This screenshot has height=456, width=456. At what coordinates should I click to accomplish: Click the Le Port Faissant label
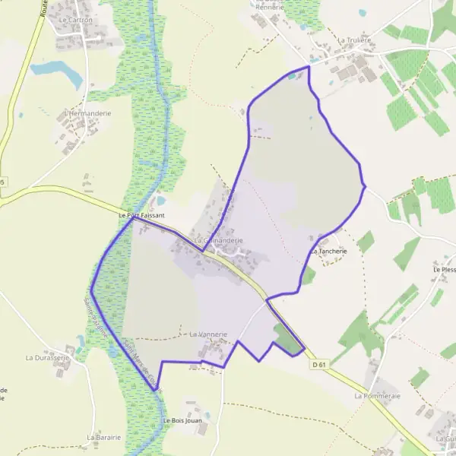(x=142, y=216)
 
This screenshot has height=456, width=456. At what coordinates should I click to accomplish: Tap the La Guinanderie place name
(x=219, y=240)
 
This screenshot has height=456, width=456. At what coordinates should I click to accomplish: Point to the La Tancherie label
(x=328, y=251)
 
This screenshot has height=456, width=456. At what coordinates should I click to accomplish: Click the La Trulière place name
(x=354, y=40)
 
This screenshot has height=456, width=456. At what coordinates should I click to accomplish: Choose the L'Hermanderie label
(x=87, y=113)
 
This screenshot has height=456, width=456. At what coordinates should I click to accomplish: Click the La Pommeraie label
(x=377, y=396)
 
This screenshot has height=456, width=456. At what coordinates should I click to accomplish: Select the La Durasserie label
(x=48, y=357)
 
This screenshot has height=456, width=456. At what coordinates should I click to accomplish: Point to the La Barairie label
(x=104, y=438)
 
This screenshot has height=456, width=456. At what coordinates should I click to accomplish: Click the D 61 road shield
(x=319, y=365)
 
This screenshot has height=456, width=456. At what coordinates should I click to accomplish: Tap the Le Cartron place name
(x=74, y=19)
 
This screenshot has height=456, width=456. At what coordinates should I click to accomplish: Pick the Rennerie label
(x=270, y=7)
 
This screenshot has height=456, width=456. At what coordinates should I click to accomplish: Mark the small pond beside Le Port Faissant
(x=161, y=201)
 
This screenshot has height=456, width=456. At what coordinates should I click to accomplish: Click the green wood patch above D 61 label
(x=287, y=340)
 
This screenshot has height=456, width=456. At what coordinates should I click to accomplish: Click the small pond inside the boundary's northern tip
(x=293, y=74)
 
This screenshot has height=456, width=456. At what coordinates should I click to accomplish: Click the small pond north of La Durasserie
(x=80, y=340)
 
